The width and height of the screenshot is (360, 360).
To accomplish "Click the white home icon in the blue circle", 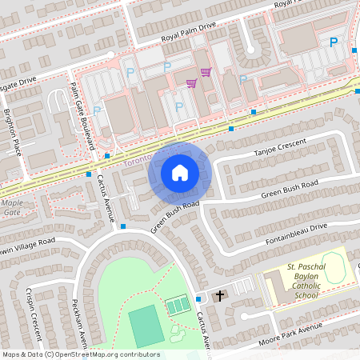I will pos(180,173).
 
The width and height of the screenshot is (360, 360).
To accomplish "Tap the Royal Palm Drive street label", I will pos(189,31).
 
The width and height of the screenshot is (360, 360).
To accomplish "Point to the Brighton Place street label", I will pos(15,131).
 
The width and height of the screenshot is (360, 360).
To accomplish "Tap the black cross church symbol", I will pos(220,296).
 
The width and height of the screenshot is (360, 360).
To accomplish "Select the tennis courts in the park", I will pos(178,305).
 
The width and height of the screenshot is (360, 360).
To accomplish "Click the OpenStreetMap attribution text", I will pos(80,354).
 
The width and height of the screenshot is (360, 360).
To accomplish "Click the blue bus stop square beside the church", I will pos(198,298).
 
